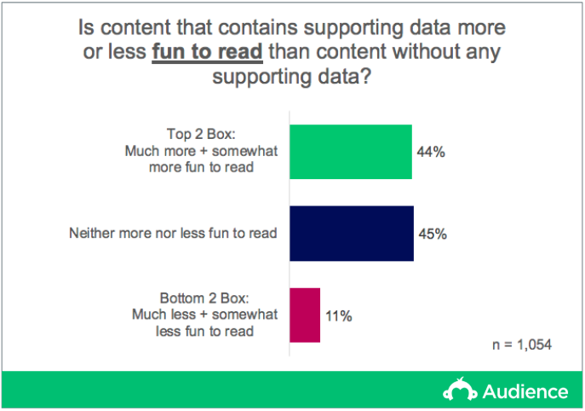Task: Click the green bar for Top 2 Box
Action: [351, 152]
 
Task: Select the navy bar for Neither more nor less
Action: [352, 233]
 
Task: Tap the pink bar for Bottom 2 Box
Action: [305, 315]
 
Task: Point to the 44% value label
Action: [431, 152]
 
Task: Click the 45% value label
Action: [433, 234]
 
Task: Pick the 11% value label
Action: [339, 316]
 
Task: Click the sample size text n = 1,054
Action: [522, 344]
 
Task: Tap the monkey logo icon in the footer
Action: [460, 390]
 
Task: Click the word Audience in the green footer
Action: [525, 391]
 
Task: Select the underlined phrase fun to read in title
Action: [208, 51]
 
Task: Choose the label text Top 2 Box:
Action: [201, 134]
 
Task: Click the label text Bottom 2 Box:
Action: [204, 298]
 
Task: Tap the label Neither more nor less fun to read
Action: [173, 233]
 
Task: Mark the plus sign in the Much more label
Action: [204, 151]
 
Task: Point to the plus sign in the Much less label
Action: [204, 315]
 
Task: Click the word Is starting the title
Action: [86, 27]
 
